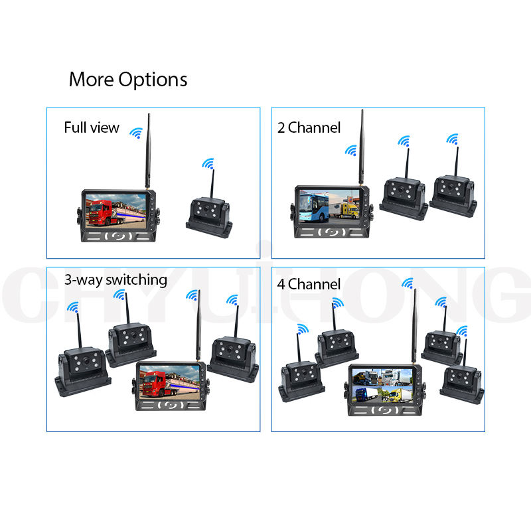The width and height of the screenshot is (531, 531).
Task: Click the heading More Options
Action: (128, 80)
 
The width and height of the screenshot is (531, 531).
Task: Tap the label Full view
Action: (92, 127)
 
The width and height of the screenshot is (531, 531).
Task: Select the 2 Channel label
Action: (309, 127)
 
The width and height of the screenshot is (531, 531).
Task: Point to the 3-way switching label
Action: (115, 279)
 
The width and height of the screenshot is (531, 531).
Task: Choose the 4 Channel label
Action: (309, 284)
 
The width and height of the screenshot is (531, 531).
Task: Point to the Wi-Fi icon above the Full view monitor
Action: (136, 133)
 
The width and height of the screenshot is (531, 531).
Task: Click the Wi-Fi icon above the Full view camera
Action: (208, 164)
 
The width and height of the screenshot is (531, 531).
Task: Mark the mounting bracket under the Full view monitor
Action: (120, 235)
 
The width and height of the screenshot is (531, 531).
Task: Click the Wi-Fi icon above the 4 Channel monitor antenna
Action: (407, 283)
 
